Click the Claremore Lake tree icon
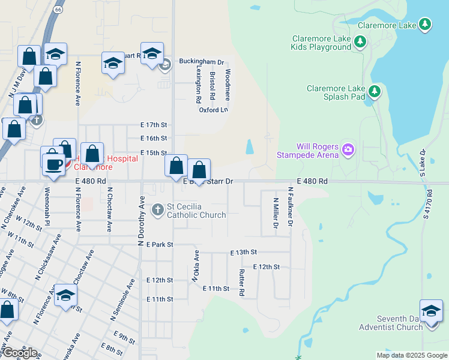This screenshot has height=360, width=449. (x=425, y=25)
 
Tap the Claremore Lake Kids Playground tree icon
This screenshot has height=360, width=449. (x=360, y=41)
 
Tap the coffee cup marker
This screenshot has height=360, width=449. (x=53, y=163)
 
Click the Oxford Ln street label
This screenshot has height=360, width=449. (x=214, y=110)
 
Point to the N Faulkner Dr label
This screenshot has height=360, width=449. (x=290, y=206)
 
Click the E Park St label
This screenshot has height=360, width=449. (x=159, y=244)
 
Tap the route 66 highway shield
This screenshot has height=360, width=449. (x=58, y=10)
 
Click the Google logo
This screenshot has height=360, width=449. (x=19, y=353)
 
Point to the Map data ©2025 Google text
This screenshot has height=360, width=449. (x=412, y=355)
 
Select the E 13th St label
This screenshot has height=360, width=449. (x=243, y=253)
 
